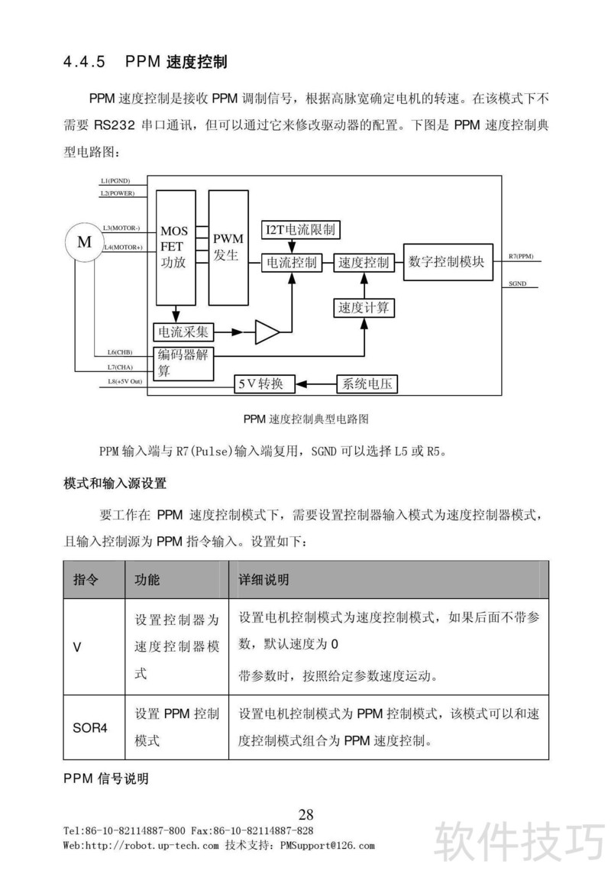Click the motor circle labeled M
coord(83,243)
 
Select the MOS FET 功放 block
coord(175,247)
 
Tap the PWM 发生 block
coord(228,247)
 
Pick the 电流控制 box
coord(291,263)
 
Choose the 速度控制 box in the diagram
coord(364,263)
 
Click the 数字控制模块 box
coord(447,262)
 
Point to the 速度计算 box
coord(364,308)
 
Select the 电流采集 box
coord(183,332)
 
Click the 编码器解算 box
coord(185,362)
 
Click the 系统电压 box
coord(367,384)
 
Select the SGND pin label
coord(517,283)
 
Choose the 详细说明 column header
coord(264,580)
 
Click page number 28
coord(305,814)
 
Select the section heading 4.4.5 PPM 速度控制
coord(145,62)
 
